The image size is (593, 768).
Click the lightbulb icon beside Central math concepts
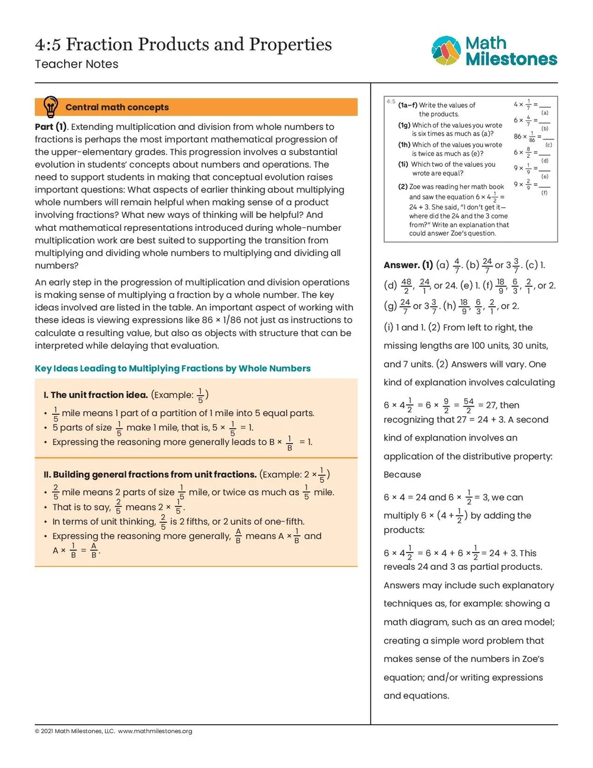coord(51,107)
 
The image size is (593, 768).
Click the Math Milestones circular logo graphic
coord(446,50)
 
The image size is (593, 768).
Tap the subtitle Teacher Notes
coord(76,64)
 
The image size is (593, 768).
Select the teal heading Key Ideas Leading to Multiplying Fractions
coord(173,368)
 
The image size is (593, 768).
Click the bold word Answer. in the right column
coord(401,265)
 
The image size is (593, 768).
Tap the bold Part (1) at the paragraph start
coord(51,126)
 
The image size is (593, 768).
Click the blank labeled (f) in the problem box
coord(544,187)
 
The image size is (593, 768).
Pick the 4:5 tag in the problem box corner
coord(391,101)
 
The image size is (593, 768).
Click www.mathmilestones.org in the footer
coord(155,731)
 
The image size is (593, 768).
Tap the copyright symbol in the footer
coord(37,731)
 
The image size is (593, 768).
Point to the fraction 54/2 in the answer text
coord(468,405)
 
